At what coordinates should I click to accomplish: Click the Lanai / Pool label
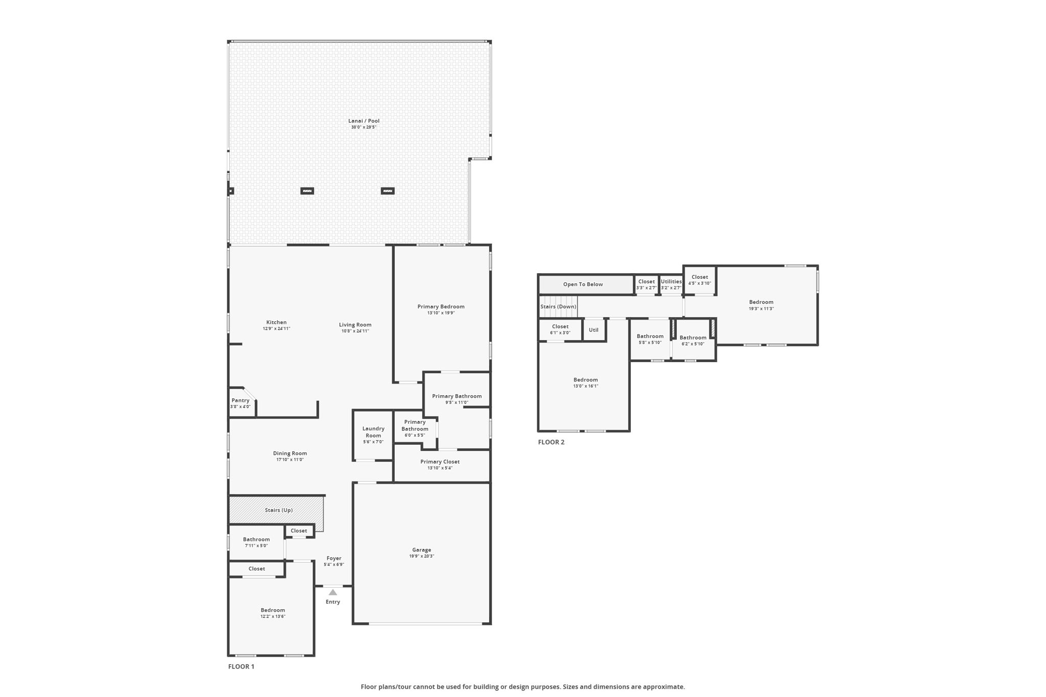click(x=364, y=121)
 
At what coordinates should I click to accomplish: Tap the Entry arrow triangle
click(x=333, y=592)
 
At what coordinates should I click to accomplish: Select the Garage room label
click(x=421, y=550)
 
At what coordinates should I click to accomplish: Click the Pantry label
click(x=241, y=400)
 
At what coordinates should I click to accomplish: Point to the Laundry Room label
click(x=373, y=432)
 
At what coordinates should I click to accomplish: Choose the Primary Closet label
click(x=440, y=462)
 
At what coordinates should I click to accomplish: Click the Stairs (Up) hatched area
click(x=276, y=510)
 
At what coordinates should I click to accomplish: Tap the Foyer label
click(x=334, y=558)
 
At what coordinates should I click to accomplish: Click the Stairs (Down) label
click(x=558, y=306)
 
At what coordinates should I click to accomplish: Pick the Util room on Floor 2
click(x=594, y=330)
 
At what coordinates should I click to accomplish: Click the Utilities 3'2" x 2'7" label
click(x=671, y=284)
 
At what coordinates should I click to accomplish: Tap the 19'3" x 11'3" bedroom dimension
click(x=762, y=308)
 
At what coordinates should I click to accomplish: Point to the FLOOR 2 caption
click(x=551, y=442)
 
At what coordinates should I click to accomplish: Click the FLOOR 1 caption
click(x=241, y=666)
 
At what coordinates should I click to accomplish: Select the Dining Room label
click(x=290, y=453)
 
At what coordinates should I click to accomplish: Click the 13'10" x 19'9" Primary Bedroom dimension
click(x=441, y=313)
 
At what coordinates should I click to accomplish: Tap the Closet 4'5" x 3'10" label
click(x=700, y=280)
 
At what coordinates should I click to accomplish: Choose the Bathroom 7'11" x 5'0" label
click(x=256, y=542)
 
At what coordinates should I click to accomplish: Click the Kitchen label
click(x=276, y=322)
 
